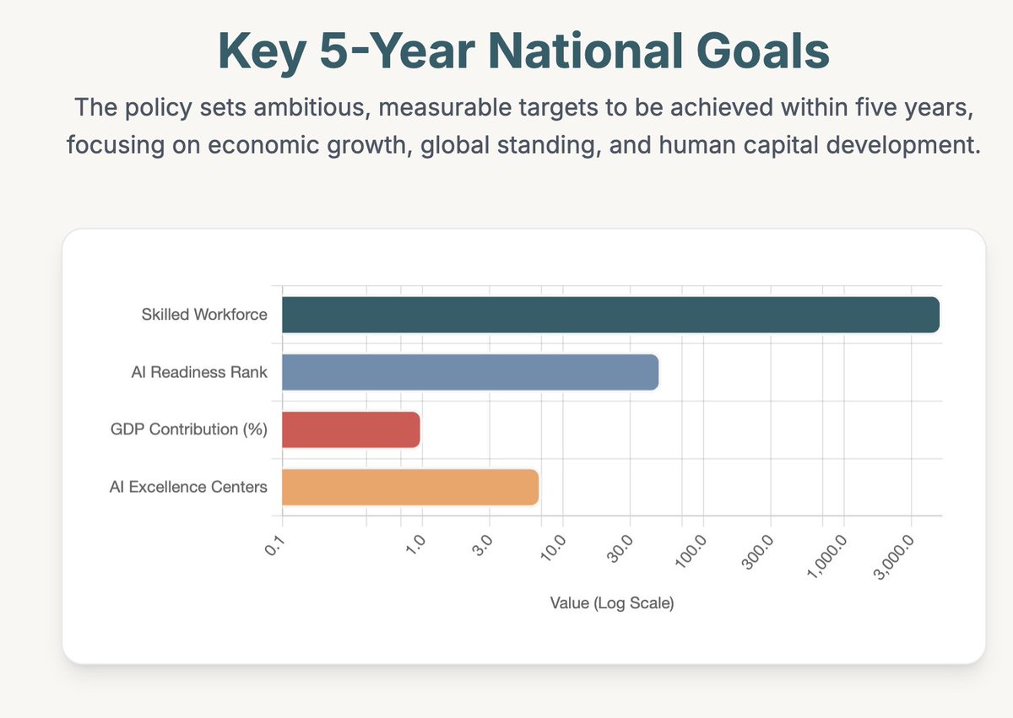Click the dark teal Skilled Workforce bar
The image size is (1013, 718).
click(x=609, y=315)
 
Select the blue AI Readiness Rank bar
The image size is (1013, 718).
click(x=469, y=372)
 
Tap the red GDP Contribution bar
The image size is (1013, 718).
click(x=350, y=429)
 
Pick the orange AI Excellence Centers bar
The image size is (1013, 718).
click(x=409, y=487)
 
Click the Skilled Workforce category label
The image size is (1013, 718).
click(x=204, y=316)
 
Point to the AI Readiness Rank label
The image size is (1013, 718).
click(x=199, y=372)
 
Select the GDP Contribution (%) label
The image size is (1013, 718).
click(x=189, y=429)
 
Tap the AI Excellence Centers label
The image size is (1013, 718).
click(x=188, y=487)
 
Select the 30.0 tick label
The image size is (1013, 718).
click(x=618, y=548)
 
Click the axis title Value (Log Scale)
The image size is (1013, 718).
click(x=611, y=604)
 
